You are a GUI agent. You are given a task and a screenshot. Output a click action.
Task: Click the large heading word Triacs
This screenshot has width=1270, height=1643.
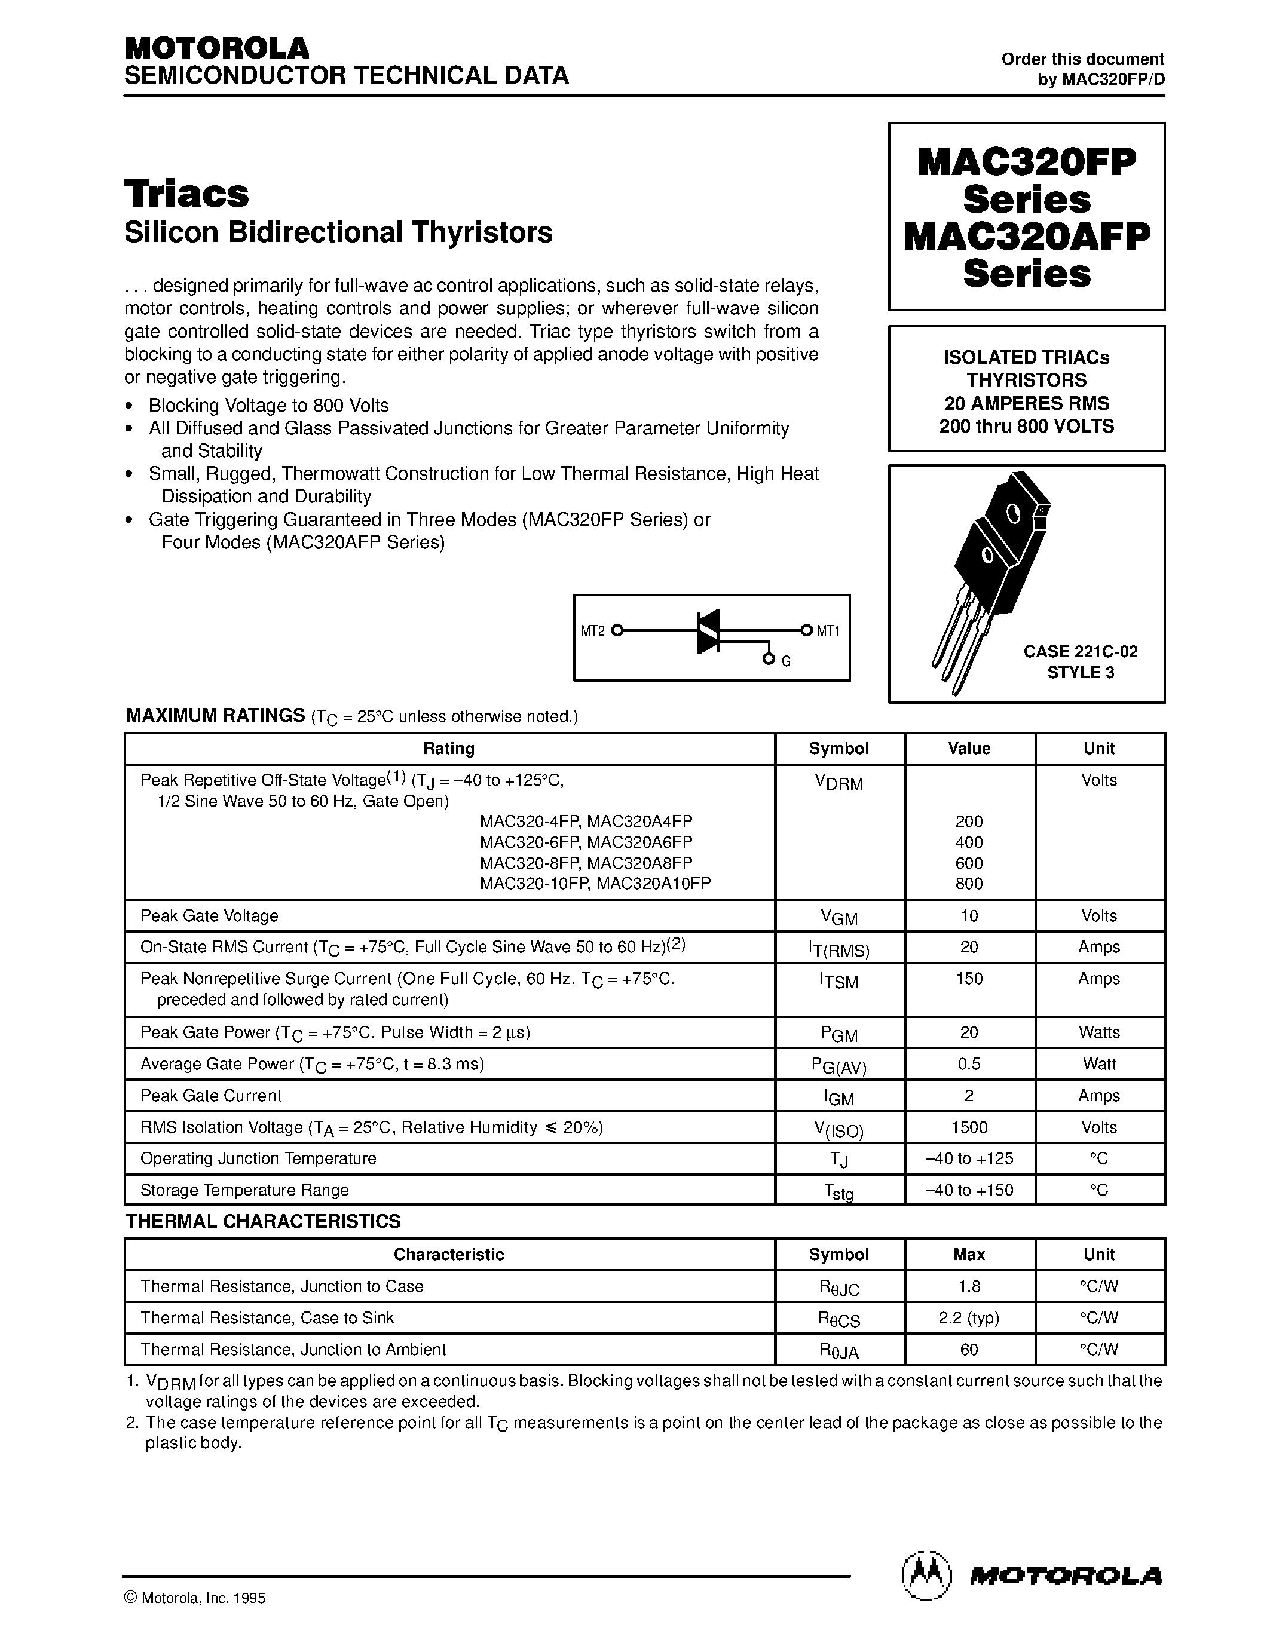[186, 194]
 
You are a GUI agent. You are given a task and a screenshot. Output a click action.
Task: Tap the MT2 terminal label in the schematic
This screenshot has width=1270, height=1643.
[593, 631]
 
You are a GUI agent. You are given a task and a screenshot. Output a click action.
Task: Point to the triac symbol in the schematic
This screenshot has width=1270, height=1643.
[708, 630]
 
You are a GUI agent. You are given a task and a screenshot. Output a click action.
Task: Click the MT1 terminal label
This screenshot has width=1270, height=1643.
[828, 631]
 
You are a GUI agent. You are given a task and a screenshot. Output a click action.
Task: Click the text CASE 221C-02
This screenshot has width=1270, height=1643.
[1080, 651]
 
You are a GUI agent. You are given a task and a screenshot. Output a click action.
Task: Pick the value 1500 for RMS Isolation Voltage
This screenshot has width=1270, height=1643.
[968, 1127]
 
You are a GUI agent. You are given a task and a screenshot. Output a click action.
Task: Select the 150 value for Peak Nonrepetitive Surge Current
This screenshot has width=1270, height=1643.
[968, 979]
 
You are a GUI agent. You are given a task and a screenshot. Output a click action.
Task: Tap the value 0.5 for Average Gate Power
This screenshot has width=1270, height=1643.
[968, 1063]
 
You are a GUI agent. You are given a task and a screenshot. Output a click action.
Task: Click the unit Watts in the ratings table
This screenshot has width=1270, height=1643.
[1098, 1032]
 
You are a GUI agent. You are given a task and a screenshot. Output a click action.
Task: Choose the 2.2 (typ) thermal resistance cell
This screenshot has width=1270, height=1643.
[968, 1317]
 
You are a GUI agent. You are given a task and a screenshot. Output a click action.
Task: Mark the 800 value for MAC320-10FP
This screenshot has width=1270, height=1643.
[968, 884]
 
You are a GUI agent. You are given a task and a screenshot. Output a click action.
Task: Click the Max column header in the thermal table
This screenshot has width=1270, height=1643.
[968, 1254]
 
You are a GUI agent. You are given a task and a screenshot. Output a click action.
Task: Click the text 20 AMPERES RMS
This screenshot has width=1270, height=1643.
[1026, 403]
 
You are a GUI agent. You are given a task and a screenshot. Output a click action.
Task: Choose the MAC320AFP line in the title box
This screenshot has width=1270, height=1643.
[1026, 236]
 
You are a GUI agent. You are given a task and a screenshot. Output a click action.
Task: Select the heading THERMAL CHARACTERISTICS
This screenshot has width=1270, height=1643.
[264, 1221]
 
